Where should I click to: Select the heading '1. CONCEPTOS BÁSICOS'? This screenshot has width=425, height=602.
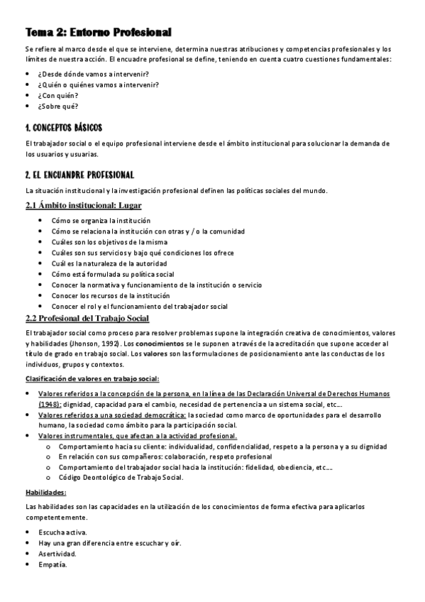coord(64,128)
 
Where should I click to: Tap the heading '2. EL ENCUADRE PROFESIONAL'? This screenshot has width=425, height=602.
coord(79,175)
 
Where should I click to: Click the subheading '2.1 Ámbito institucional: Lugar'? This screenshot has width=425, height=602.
coord(83,206)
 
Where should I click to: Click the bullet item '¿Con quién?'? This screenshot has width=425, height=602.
coord(59,95)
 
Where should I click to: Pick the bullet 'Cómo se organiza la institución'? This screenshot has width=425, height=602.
coord(100,221)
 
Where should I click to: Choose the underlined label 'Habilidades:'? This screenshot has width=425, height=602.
coord(45,492)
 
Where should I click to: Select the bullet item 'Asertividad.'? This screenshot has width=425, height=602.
coord(57,553)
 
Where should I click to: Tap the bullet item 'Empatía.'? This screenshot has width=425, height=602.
coord(53,564)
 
